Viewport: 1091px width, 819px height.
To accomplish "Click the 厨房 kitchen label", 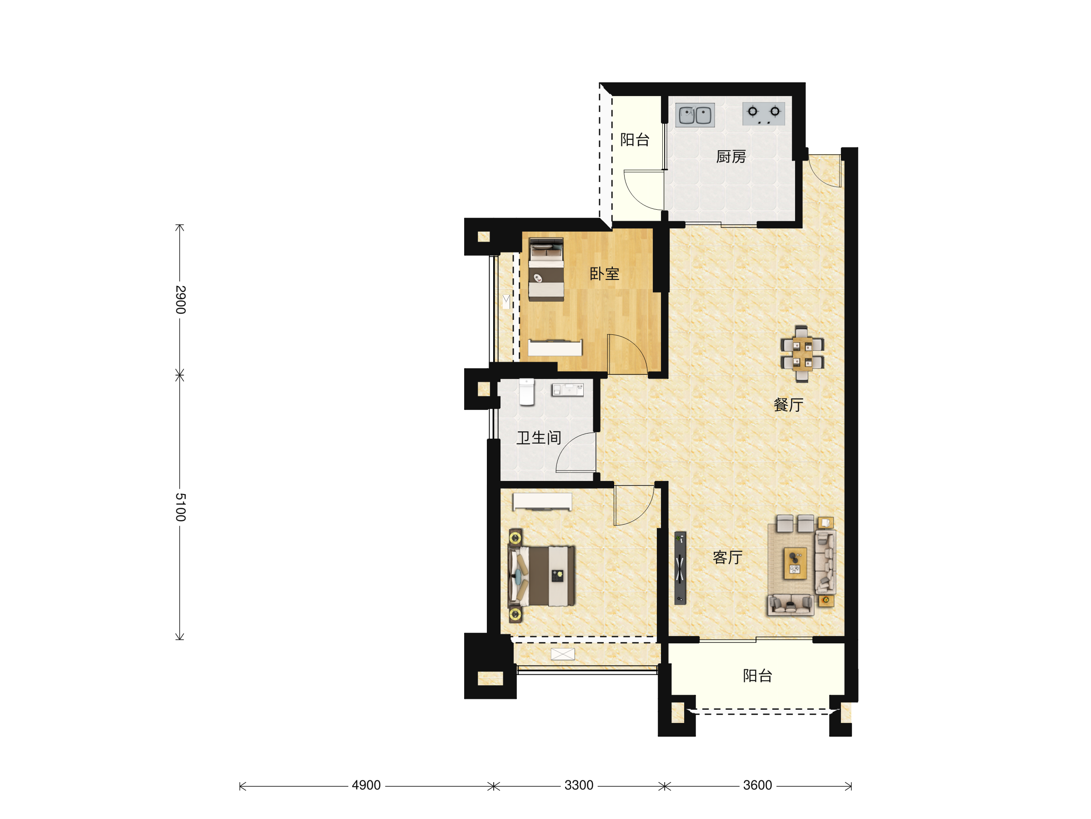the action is coord(731,157).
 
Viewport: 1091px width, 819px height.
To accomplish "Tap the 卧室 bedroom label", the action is coord(604,274).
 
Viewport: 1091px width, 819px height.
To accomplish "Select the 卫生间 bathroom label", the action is coord(539,437).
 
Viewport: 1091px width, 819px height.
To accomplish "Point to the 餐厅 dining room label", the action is coord(789,405).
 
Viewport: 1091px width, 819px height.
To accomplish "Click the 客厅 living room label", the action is coord(727,557).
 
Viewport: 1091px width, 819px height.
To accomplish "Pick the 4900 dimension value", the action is coord(366,785).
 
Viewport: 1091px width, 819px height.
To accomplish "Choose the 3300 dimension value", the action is coord(579,785).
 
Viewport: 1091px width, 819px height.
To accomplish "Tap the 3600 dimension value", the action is coord(758,785).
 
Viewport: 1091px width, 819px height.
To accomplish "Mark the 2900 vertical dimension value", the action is coord(180,300).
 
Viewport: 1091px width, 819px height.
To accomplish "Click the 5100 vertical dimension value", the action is coord(180,507).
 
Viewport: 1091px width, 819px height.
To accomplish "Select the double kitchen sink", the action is coord(695,115).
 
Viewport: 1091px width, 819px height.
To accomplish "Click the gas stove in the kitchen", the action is coord(764,114).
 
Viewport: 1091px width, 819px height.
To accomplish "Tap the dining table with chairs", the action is coord(802,354).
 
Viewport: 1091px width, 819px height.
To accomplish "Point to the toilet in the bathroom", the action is coord(527,392).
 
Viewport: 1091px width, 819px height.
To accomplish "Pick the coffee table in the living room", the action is coord(795,563).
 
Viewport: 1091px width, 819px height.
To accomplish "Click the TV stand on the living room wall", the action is coord(680,568).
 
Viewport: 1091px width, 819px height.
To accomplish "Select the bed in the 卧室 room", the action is coord(546,269).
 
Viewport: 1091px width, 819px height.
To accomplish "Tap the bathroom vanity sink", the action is coord(568,390).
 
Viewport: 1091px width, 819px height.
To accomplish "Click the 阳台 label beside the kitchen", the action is coord(635,140).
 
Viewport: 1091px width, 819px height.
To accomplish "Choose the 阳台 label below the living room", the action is coord(758,676).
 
